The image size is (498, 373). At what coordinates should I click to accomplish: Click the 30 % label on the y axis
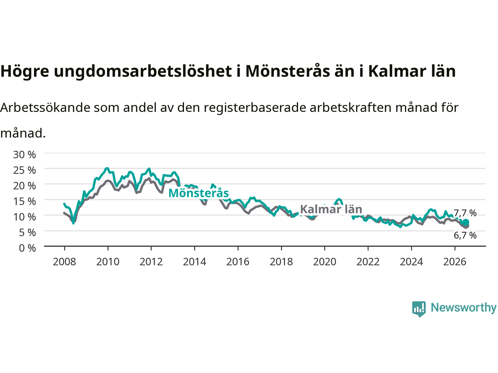[25, 155]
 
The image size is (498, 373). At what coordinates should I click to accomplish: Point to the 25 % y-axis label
[25, 170]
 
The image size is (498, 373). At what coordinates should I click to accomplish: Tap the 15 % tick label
[25, 201]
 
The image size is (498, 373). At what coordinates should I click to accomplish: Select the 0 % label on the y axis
[28, 248]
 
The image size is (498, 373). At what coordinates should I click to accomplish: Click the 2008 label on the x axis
[65, 262]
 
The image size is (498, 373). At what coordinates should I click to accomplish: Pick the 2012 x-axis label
[151, 262]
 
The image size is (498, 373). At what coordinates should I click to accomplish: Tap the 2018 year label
[281, 262]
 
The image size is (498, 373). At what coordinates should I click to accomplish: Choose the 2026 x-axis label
[455, 262]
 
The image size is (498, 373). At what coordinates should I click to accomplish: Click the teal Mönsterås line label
[198, 193]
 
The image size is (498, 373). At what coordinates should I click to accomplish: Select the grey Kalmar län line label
[331, 209]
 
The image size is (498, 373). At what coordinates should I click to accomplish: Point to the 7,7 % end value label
[465, 213]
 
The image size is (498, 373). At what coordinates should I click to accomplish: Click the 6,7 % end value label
[465, 235]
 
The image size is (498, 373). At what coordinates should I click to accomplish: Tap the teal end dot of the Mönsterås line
[466, 222]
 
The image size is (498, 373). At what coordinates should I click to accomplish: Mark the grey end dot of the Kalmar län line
[466, 226]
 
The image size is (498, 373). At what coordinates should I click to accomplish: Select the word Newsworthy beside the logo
[464, 308]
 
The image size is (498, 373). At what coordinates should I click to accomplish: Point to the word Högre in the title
[25, 71]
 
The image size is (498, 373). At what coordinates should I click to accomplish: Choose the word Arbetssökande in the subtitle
[46, 108]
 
